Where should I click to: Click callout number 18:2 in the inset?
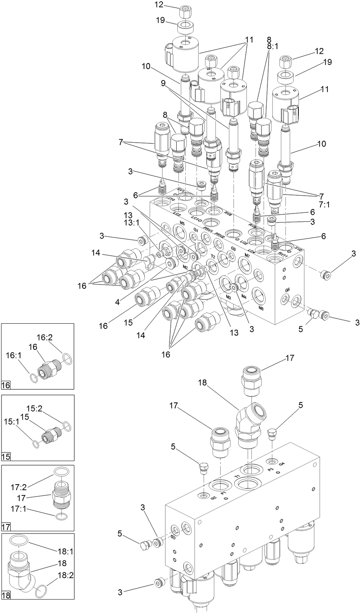coord(65,575)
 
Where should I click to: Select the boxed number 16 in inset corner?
coord(6,385)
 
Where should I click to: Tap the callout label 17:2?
coord(18,487)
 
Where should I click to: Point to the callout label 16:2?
coord(44,337)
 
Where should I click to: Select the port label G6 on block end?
coord(287,290)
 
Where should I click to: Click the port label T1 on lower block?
coord(237,476)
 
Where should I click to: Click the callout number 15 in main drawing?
coord(128,322)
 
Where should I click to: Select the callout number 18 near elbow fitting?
coord(202,382)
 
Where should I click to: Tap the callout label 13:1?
coord(132,223)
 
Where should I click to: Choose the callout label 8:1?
coord(272,46)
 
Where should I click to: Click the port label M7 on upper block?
coord(246,255)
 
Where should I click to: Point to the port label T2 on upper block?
coord(213,256)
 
